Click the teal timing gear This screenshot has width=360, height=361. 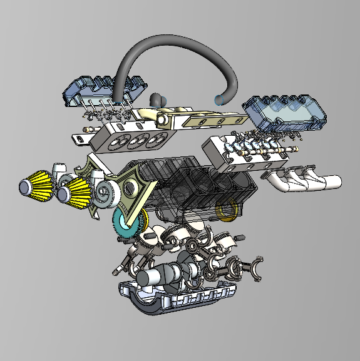125,222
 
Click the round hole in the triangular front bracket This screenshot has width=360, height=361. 131,186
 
